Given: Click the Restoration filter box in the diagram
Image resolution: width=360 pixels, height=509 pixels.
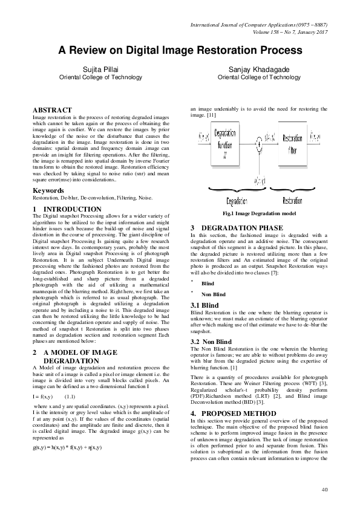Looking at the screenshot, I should [292, 143].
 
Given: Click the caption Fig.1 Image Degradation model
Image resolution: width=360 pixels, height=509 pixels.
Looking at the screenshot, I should [258, 214].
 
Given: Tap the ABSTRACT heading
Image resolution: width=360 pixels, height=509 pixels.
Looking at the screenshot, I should [51, 109].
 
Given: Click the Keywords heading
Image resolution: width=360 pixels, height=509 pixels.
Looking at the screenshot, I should [48, 190].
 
